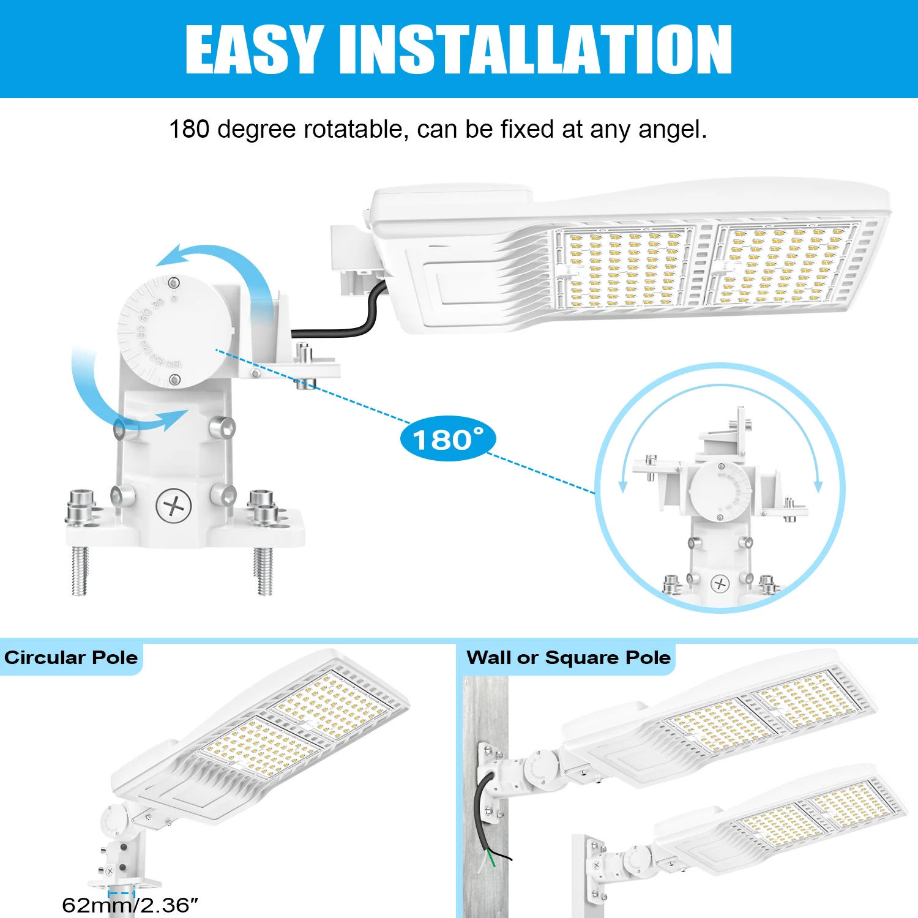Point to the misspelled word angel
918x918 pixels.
tap(672, 130)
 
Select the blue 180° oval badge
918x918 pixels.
tap(447, 439)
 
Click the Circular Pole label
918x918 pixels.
tap(71, 658)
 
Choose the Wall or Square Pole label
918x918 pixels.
tap(569, 658)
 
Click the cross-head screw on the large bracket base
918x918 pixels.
tap(174, 506)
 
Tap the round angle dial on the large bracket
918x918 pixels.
tap(174, 330)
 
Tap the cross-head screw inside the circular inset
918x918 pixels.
tap(720, 584)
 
